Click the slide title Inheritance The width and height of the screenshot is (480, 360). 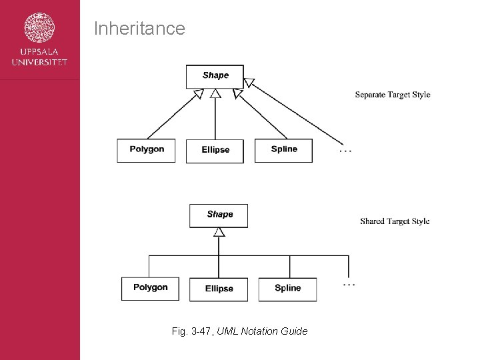pyautogui.click(x=139, y=29)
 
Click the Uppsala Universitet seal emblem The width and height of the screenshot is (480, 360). pyautogui.click(x=39, y=29)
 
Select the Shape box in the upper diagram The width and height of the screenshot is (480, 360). pyautogui.click(x=215, y=76)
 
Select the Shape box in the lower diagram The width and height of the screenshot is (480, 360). pyautogui.click(x=219, y=215)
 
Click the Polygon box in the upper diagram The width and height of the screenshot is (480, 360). pyautogui.click(x=147, y=150)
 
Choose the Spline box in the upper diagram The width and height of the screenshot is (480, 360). pyautogui.click(x=284, y=150)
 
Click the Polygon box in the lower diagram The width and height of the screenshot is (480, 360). pyautogui.click(x=150, y=288)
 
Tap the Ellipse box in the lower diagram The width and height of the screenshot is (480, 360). pyautogui.click(x=219, y=289)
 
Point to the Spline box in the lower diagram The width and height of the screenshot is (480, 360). pyautogui.click(x=287, y=289)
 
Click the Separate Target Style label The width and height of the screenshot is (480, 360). pyautogui.click(x=392, y=95)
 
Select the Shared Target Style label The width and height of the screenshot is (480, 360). pyautogui.click(x=395, y=221)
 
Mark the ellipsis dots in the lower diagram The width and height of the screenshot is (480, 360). pyautogui.click(x=349, y=285)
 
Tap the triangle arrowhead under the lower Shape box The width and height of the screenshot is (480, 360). pyautogui.click(x=219, y=232)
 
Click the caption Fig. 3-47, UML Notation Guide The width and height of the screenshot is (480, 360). pyautogui.click(x=239, y=331)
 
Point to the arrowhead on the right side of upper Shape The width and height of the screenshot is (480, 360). pyautogui.click(x=249, y=83)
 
